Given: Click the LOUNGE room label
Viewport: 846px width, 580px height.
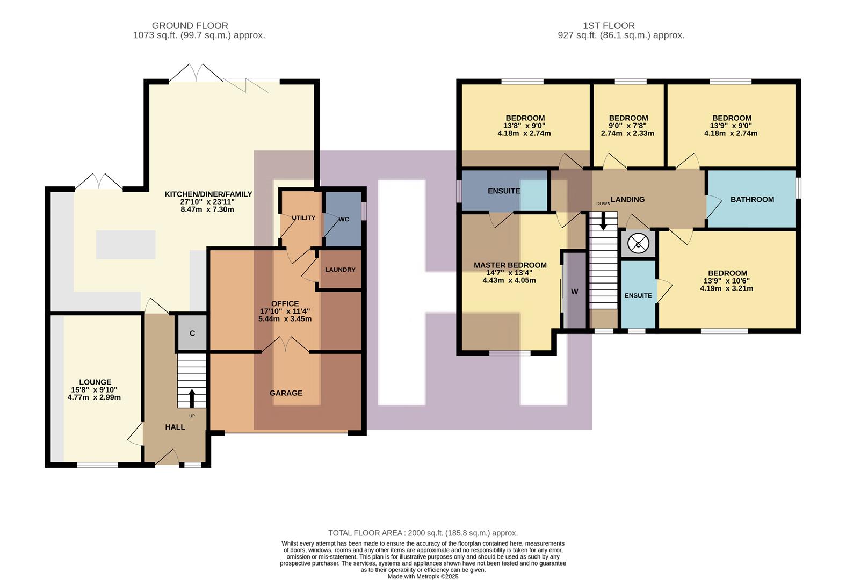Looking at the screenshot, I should click(95, 382).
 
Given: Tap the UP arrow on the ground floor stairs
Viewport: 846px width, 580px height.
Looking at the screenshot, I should click(192, 398).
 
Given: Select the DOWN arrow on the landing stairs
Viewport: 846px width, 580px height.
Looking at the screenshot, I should click(603, 220).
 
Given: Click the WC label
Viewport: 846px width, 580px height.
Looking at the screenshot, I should click(344, 219).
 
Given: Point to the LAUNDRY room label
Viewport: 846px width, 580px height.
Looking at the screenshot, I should click(340, 270).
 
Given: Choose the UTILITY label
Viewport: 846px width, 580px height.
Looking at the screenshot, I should click(303, 218).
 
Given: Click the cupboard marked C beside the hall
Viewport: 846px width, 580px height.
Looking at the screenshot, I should click(192, 333).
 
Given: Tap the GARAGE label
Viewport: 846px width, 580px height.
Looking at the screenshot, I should click(286, 393).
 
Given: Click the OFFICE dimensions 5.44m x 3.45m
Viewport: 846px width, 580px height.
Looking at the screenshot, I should click(285, 318).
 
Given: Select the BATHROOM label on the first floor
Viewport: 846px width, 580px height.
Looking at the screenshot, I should click(752, 199).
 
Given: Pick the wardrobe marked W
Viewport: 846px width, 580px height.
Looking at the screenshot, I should click(574, 292).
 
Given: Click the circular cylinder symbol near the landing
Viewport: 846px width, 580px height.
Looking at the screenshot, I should click(638, 244).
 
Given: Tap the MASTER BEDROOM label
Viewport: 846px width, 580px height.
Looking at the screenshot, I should click(510, 265).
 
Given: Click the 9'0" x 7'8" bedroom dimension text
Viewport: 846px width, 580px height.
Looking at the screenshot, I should click(628, 126).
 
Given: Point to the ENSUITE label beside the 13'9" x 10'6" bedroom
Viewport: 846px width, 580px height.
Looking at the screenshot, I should click(638, 295).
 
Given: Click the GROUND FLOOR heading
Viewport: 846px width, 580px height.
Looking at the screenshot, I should click(190, 26).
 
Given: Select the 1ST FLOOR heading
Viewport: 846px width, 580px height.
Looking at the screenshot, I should click(609, 26).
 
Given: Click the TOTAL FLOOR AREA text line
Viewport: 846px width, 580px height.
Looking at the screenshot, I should click(423, 533).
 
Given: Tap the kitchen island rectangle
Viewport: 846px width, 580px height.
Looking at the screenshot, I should click(126, 245).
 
